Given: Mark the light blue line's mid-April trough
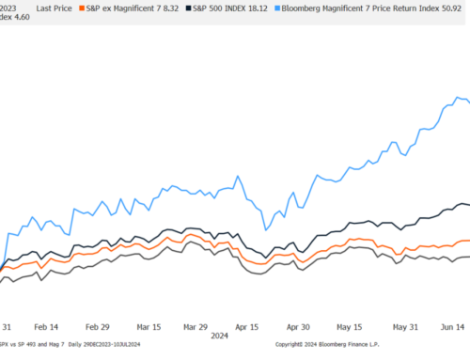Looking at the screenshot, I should (x=267, y=228).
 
